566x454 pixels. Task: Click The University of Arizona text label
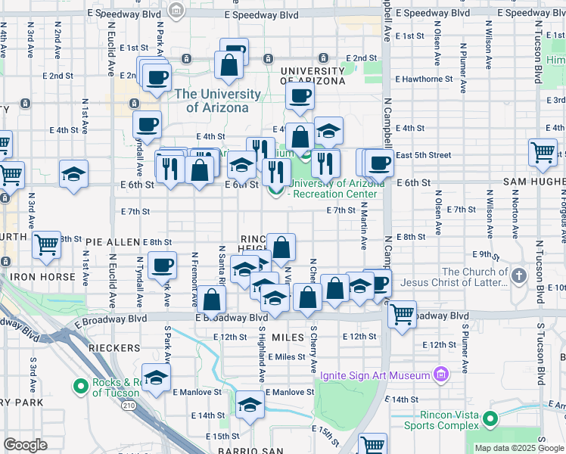click(217, 101)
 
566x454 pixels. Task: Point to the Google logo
click(25, 445)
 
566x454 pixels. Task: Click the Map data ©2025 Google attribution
click(520, 448)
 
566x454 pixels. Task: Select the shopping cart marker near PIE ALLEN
click(47, 244)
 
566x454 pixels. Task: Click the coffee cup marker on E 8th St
click(162, 265)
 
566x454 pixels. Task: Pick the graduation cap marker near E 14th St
click(250, 405)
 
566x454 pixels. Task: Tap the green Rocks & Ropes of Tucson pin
click(81, 387)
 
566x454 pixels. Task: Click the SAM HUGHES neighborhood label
click(533, 183)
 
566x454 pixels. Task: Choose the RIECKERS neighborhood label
click(114, 348)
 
